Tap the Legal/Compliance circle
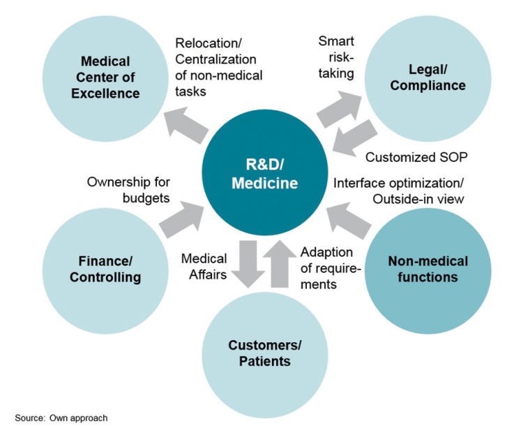(x=427, y=77)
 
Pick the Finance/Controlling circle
(x=105, y=269)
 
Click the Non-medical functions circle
(x=427, y=270)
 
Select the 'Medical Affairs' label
(x=204, y=267)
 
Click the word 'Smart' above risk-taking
(x=336, y=41)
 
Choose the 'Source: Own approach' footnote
(x=61, y=418)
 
